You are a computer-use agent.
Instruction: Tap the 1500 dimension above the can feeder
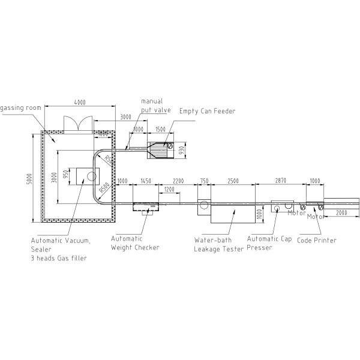(x=160, y=129)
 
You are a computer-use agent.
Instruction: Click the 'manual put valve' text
(x=155, y=106)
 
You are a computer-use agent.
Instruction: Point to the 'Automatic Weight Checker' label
(x=135, y=243)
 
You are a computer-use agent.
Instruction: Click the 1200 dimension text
(x=170, y=189)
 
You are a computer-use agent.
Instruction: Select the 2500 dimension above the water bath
(x=234, y=181)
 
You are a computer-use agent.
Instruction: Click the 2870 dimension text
(x=281, y=181)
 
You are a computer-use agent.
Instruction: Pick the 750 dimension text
(x=204, y=181)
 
